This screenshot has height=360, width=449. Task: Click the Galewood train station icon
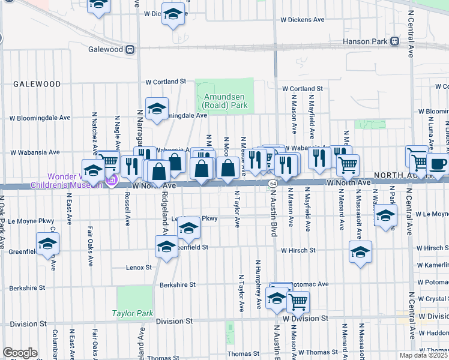click(129, 50)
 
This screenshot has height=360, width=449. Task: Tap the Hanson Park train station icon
click(395, 41)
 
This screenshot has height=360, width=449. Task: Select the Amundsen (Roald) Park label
click(224, 101)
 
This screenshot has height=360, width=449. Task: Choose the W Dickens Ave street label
click(303, 20)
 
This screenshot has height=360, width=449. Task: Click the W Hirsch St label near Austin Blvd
click(298, 250)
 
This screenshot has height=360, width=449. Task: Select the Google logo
click(20, 353)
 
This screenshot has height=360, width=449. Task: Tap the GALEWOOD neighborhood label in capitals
click(30, 85)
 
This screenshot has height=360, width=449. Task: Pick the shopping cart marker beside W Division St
click(298, 301)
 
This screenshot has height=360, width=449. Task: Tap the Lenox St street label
click(139, 267)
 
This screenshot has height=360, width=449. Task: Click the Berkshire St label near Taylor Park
click(178, 285)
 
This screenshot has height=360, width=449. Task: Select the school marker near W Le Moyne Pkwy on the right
click(385, 216)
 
